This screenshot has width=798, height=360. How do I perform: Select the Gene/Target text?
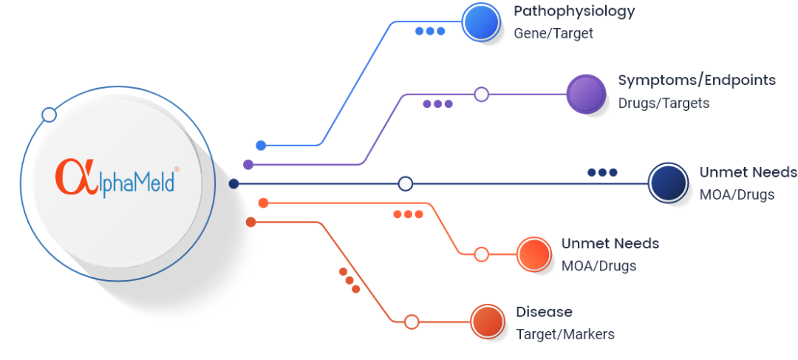[553, 33]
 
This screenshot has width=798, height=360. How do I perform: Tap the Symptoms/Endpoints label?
[697, 80]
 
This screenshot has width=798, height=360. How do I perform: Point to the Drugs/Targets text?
[664, 103]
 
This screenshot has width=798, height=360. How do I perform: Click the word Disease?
[544, 311]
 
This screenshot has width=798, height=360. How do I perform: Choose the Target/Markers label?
[565, 334]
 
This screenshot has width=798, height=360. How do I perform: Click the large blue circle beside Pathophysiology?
[482, 23]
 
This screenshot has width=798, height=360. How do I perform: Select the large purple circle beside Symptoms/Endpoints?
[586, 94]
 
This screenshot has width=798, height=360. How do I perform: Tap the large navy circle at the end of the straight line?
[668, 183]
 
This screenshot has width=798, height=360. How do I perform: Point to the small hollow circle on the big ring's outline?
[49, 115]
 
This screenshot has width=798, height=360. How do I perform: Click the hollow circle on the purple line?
[481, 94]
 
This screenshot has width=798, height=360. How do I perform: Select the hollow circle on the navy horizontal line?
[405, 183]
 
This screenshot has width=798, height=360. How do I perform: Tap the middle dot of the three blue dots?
[430, 31]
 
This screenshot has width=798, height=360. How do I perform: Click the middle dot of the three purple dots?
[437, 104]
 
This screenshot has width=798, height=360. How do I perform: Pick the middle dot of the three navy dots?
[602, 172]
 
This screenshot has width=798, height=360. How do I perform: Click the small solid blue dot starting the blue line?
[261, 146]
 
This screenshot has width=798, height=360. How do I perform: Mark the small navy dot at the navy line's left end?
[233, 183]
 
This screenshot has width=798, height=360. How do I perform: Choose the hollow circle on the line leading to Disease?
[412, 322]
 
